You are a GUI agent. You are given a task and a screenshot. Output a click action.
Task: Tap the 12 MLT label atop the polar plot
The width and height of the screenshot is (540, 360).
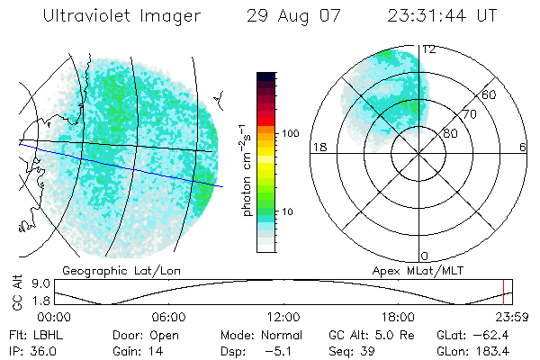(x=428, y=49)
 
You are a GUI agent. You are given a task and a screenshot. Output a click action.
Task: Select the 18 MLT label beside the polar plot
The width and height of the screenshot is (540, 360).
(x=318, y=147)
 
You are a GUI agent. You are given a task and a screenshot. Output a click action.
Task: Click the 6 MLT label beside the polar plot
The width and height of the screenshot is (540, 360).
(x=523, y=147)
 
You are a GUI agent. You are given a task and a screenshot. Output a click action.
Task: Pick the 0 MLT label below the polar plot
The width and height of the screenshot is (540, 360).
(x=424, y=256)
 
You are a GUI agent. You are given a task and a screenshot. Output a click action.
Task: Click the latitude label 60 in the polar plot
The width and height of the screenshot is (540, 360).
(x=490, y=94)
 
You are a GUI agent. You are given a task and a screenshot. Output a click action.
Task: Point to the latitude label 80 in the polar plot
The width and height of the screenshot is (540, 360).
(x=450, y=133)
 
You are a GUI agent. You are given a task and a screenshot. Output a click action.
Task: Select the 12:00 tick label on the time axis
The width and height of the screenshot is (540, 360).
(x=283, y=317)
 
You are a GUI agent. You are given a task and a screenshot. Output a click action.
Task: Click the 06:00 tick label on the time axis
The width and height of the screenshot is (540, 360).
(x=168, y=317)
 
